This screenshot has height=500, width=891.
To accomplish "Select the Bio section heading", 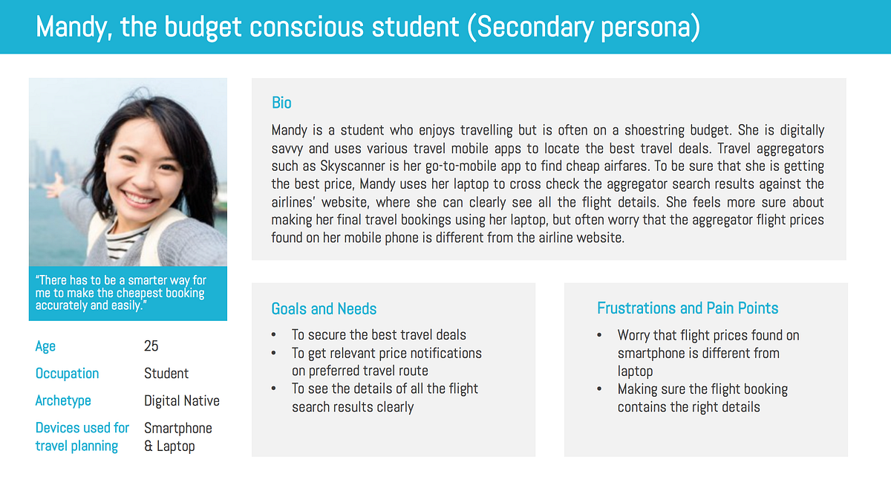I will pos(281,103).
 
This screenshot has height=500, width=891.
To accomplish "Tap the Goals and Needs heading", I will pos(324,308).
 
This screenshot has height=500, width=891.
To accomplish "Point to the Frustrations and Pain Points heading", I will pos(688,308).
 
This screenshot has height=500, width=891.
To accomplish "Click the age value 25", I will pos(151,346).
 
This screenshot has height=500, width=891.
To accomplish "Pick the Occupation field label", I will pos(67,373).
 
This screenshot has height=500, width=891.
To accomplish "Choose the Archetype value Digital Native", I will pos(182,400).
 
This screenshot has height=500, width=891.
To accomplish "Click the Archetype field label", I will pos(63,400).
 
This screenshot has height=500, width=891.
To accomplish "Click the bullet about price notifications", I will pos(386,353).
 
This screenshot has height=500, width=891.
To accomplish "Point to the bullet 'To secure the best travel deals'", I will pos(379,335).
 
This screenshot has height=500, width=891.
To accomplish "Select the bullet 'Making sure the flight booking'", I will pos(702,389).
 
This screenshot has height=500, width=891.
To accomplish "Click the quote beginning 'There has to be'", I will pos(120,293).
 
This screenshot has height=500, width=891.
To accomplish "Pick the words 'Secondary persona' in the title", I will pos(587,27).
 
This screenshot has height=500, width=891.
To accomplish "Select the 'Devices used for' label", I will pos(82,428).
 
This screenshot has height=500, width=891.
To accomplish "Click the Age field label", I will pos(45,346).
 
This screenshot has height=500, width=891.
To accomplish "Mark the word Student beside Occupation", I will pos(166,373).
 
